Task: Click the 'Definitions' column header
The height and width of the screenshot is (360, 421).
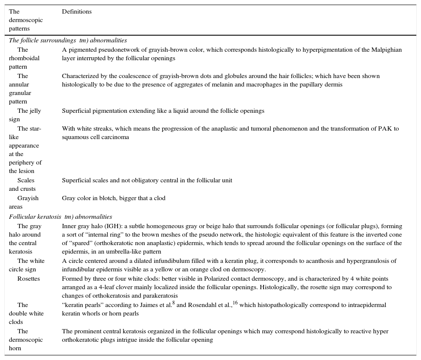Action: click(77, 12)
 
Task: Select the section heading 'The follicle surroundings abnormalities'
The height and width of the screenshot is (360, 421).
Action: click(68, 41)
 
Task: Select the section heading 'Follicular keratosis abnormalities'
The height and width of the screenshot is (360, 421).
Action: click(61, 217)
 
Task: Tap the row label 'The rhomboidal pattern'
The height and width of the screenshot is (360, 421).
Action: click(24, 59)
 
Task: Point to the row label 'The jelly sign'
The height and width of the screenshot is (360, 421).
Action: click(25, 115)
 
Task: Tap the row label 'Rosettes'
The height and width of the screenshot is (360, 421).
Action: click(28, 279)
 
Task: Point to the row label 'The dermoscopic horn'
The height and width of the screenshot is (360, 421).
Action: click(25, 340)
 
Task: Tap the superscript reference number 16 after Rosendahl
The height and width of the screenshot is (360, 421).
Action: click(235, 303)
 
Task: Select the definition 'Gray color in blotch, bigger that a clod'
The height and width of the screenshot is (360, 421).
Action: click(114, 198)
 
